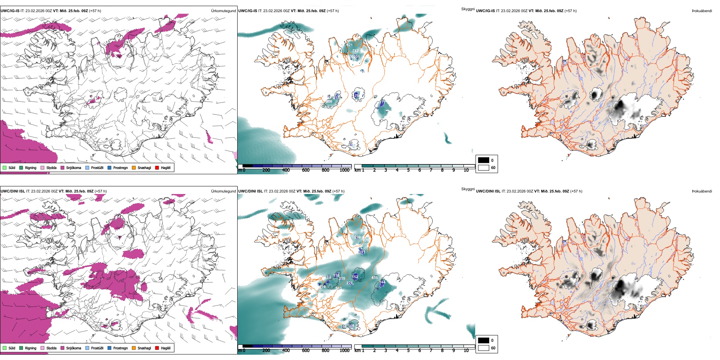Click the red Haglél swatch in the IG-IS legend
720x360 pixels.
click(157, 167)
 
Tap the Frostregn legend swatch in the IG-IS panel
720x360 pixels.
click(110, 167)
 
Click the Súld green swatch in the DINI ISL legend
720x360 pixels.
click(5, 348)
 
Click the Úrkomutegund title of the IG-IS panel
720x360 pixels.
click(223, 11)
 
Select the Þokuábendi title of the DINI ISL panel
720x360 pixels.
click(702, 191)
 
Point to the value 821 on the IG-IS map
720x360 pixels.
click(349, 45)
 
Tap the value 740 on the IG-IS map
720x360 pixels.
click(355, 51)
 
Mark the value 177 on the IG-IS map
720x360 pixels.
click(382, 103)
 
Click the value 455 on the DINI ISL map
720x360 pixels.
click(374, 278)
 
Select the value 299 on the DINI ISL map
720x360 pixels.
click(357, 237)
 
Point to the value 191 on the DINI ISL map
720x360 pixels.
click(362, 252)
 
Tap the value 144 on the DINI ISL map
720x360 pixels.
click(382, 282)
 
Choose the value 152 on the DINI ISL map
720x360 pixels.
click(355, 277)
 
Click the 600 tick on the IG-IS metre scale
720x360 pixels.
click(305, 170)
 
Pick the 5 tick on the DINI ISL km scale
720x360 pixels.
click(408, 351)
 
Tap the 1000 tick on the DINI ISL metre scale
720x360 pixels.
click(344, 351)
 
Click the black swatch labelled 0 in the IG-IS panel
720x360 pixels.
click(484, 160)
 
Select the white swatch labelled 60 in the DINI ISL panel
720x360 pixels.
click(484, 348)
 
